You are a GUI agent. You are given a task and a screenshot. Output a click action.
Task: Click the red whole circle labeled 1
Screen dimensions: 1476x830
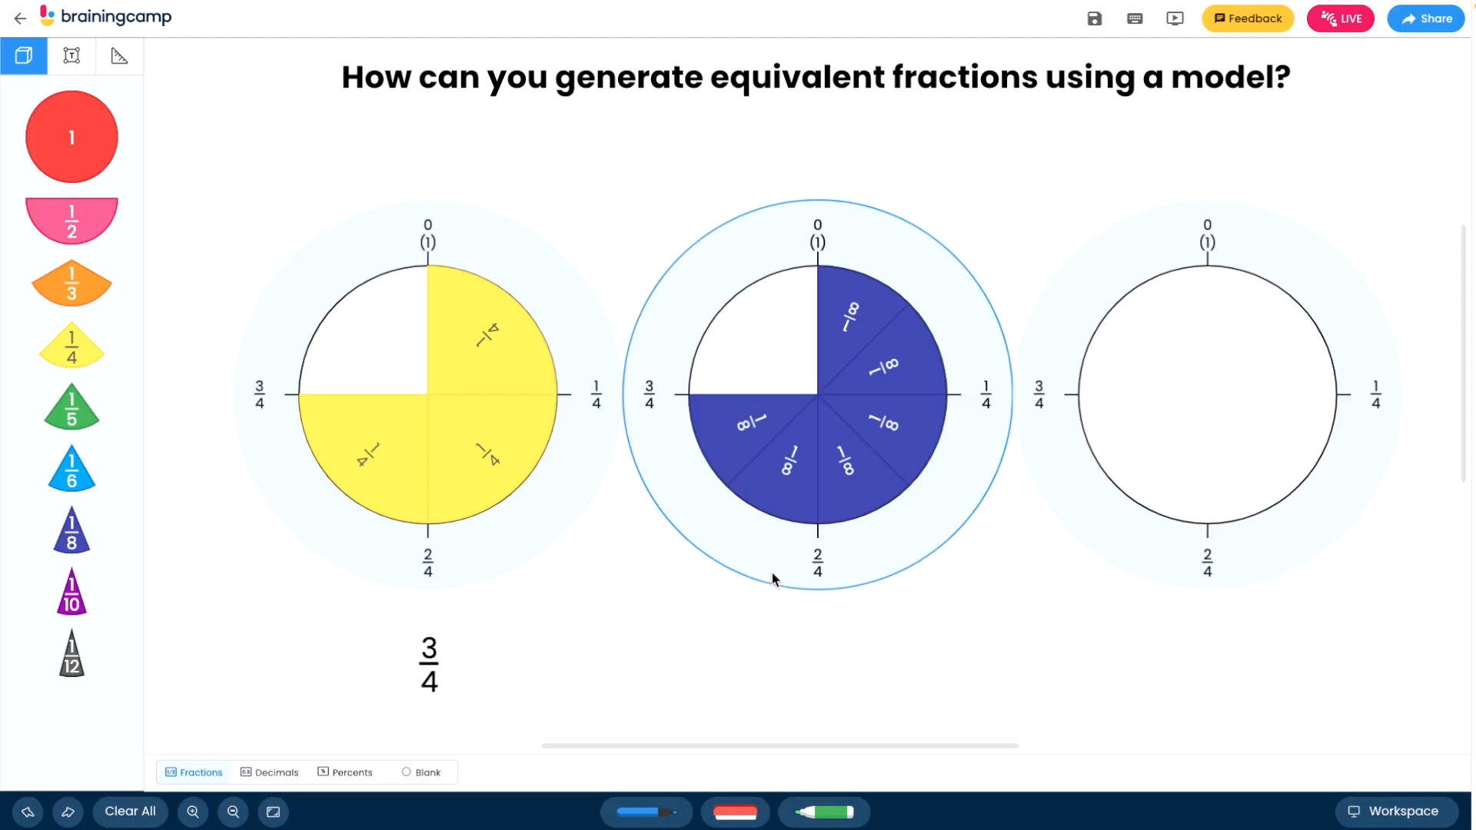click(x=71, y=137)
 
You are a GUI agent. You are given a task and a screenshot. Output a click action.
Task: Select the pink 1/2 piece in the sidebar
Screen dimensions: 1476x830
click(x=71, y=221)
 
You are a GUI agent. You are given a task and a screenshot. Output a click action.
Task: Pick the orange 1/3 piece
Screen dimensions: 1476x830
click(x=71, y=283)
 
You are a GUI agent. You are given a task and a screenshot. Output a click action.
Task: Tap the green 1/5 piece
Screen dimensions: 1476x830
click(x=71, y=407)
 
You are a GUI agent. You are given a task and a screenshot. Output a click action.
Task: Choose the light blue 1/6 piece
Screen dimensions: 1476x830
click(x=71, y=469)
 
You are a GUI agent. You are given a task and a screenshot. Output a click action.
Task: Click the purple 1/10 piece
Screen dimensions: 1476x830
click(x=71, y=593)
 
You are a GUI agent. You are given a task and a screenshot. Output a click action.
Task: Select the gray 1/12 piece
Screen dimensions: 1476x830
click(x=71, y=654)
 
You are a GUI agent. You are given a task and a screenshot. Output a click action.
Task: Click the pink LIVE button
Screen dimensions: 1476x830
click(x=1340, y=18)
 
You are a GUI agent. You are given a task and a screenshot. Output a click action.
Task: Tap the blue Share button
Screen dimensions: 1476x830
click(x=1426, y=18)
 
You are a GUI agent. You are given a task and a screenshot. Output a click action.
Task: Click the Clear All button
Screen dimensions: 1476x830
click(x=130, y=812)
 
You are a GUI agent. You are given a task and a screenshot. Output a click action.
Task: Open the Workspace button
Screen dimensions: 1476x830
click(x=1397, y=812)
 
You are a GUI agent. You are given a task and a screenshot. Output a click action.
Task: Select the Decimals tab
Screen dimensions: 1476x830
click(x=269, y=772)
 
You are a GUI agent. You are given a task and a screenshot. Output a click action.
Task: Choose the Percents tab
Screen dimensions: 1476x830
click(x=344, y=772)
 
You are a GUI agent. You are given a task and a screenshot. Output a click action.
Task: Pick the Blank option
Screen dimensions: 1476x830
click(x=421, y=772)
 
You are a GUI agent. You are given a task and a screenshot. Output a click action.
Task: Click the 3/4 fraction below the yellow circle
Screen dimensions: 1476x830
click(x=429, y=665)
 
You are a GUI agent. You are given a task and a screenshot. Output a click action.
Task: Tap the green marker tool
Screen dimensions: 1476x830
click(x=824, y=812)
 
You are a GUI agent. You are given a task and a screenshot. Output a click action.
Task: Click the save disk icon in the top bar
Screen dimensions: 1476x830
click(x=1095, y=18)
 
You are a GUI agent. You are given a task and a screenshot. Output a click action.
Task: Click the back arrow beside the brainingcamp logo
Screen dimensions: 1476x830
click(x=20, y=18)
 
